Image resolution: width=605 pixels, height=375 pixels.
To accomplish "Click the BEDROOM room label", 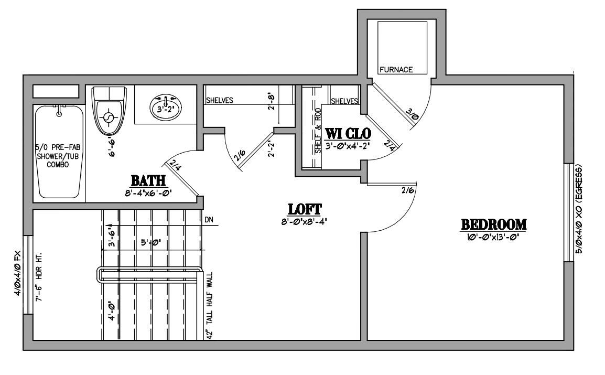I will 493,224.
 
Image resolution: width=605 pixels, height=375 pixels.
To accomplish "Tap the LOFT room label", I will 305,209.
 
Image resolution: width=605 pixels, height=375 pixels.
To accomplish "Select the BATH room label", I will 148,181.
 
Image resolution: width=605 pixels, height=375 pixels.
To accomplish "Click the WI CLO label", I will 349,133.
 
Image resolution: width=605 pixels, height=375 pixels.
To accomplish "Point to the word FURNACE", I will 396,69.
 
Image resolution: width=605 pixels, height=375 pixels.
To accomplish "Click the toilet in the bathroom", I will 109,112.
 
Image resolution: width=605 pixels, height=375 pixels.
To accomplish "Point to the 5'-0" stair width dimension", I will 151,243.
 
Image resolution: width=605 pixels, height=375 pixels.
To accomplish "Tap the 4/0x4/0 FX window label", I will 17,273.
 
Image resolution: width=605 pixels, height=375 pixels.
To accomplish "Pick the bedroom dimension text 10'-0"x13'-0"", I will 493,238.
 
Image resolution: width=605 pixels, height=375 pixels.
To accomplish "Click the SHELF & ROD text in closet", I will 318,131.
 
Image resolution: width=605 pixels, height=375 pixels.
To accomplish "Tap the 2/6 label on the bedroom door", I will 407,191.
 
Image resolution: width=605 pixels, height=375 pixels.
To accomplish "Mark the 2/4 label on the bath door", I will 176,168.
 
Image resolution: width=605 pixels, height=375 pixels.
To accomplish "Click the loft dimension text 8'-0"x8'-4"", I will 305,222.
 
